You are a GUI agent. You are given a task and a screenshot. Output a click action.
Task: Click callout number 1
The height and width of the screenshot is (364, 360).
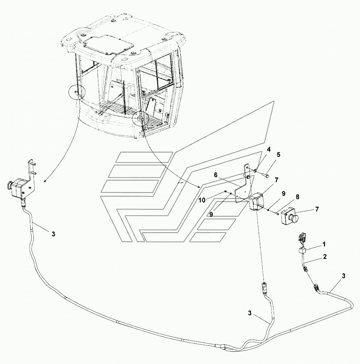pos(324,244)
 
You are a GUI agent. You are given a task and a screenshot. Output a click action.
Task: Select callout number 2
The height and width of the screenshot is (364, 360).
pos(325,257)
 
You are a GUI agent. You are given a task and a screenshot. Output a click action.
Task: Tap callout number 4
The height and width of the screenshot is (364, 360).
pos(269,149)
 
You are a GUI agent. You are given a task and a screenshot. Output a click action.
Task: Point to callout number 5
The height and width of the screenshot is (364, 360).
pos(278,154)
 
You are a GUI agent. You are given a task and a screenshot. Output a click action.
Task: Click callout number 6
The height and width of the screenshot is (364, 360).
pos(216,175)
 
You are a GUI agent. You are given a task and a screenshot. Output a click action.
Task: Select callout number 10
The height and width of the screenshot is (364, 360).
pos(202,200)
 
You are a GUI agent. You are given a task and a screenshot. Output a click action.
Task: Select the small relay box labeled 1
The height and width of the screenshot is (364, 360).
pos(302,251)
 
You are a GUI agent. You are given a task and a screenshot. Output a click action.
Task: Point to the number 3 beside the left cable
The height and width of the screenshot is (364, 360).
pos(54,234)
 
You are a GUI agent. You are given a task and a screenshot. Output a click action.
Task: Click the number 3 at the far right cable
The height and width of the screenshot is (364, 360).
pos(344,276)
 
